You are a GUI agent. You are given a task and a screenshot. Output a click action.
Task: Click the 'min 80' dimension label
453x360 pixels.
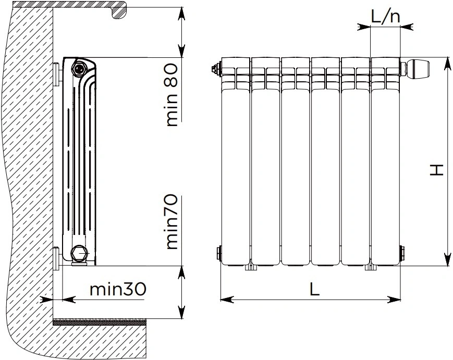click(x=172, y=95)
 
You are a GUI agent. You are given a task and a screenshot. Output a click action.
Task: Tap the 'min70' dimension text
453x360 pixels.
click(x=172, y=222)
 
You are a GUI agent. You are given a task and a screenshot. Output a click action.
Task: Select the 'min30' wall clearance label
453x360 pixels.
click(x=118, y=289)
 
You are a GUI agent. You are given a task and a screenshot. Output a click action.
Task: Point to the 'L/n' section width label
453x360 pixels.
click(x=385, y=17)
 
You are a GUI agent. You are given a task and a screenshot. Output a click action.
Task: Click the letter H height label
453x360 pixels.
click(x=436, y=170)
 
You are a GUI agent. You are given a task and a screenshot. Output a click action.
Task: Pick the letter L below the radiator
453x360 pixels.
click(x=315, y=289)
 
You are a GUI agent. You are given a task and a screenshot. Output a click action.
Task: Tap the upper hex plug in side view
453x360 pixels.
click(x=78, y=68)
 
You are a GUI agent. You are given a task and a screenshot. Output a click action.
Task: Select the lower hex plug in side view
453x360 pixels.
click(x=78, y=254)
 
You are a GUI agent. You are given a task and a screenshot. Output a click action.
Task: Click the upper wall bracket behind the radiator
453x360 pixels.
click(x=57, y=74)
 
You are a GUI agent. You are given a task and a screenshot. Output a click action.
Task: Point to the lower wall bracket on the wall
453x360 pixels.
click(x=57, y=258)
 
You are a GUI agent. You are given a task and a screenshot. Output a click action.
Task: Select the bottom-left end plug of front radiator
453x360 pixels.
click(x=219, y=253)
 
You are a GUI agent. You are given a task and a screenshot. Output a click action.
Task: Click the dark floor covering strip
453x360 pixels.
click(x=100, y=322)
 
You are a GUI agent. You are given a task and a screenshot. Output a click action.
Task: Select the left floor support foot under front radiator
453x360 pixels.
click(x=251, y=268)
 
